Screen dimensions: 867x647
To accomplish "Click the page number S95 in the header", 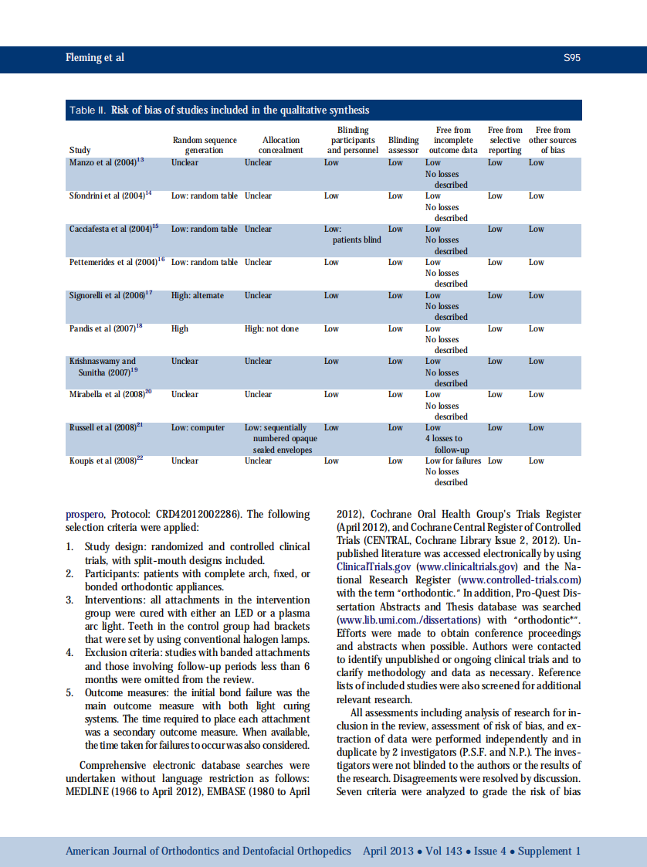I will [x=571, y=58].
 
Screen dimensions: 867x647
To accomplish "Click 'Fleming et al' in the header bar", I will [x=94, y=58].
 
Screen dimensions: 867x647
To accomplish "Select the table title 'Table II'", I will [x=87, y=110].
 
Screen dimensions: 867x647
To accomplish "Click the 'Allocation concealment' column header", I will [x=281, y=145].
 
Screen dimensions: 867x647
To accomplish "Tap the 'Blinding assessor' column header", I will [x=403, y=145].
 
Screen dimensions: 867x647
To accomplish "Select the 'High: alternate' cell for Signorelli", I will [x=198, y=295].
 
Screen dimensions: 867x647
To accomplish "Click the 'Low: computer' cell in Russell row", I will [x=198, y=427].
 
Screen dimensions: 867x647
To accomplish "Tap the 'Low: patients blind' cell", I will [x=352, y=234].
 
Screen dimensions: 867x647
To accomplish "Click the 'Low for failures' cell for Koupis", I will [x=453, y=461].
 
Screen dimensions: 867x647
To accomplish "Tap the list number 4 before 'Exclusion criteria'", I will [x=69, y=653].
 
